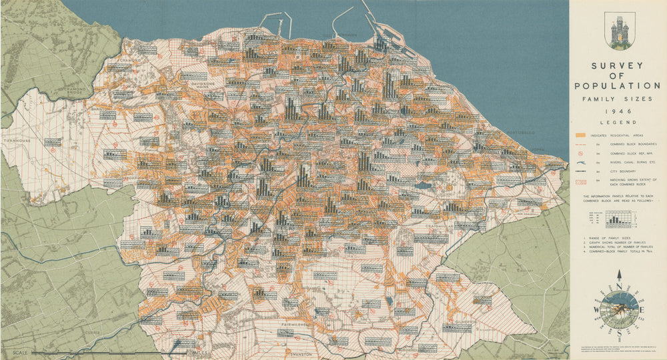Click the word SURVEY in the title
click(617, 65)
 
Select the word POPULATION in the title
click(617, 86)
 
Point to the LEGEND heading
click(617, 123)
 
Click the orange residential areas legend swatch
click(580, 135)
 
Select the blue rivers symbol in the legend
click(580, 162)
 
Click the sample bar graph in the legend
click(616, 218)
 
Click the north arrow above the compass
click(619, 275)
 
